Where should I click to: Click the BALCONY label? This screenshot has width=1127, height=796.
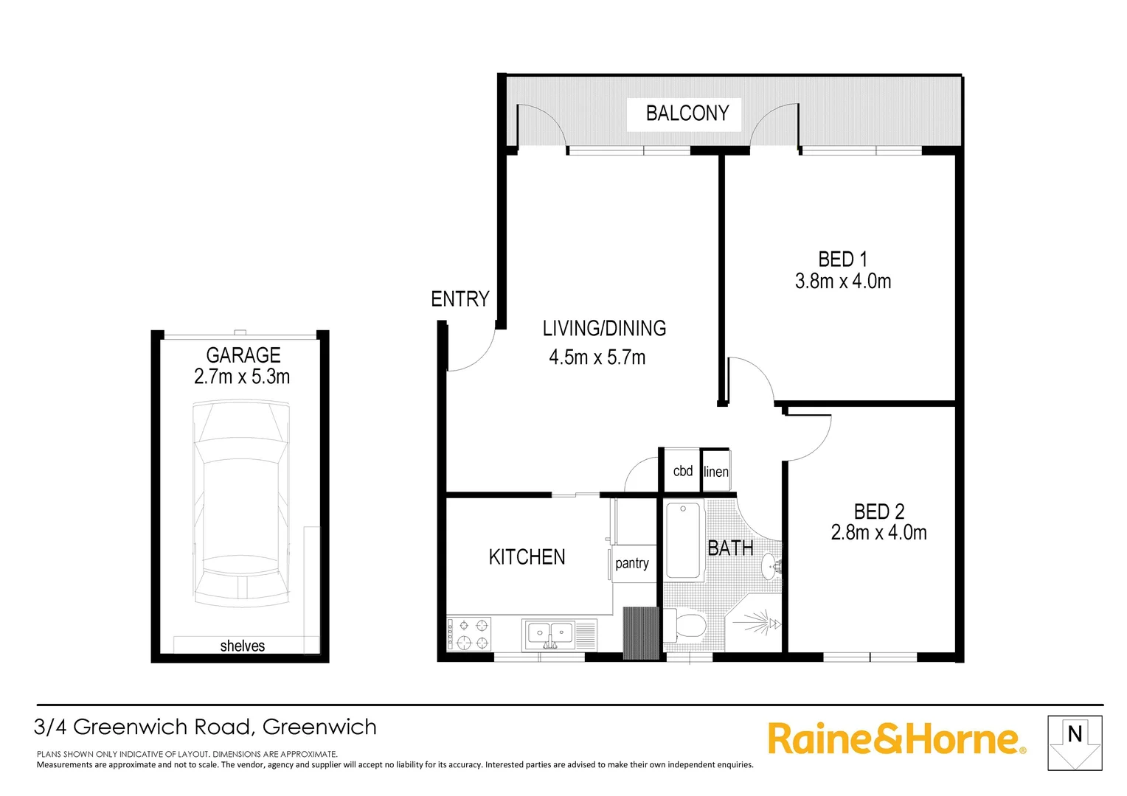click(687, 114)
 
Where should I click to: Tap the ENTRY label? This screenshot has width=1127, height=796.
click(460, 299)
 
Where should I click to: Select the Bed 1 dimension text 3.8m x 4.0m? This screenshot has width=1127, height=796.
click(842, 282)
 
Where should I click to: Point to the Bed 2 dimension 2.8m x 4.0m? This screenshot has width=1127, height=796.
click(878, 533)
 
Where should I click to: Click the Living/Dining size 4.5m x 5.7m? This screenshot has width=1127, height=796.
click(597, 358)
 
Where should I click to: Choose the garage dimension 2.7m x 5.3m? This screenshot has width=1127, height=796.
click(242, 377)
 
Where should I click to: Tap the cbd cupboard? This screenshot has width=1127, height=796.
click(682, 471)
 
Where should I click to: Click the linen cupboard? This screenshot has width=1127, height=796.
click(715, 472)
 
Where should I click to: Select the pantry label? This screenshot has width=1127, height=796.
click(632, 563)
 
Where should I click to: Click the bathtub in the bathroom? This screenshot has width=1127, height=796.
click(683, 540)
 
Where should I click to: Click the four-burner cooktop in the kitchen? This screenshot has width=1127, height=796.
click(469, 634)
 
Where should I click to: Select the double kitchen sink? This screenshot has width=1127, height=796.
click(550, 634)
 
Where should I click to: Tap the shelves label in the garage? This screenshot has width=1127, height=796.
click(242, 646)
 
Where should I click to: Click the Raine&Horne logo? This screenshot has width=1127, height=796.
click(896, 739)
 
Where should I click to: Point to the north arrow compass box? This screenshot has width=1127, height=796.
click(1075, 743)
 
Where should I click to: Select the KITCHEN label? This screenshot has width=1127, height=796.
click(527, 557)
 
